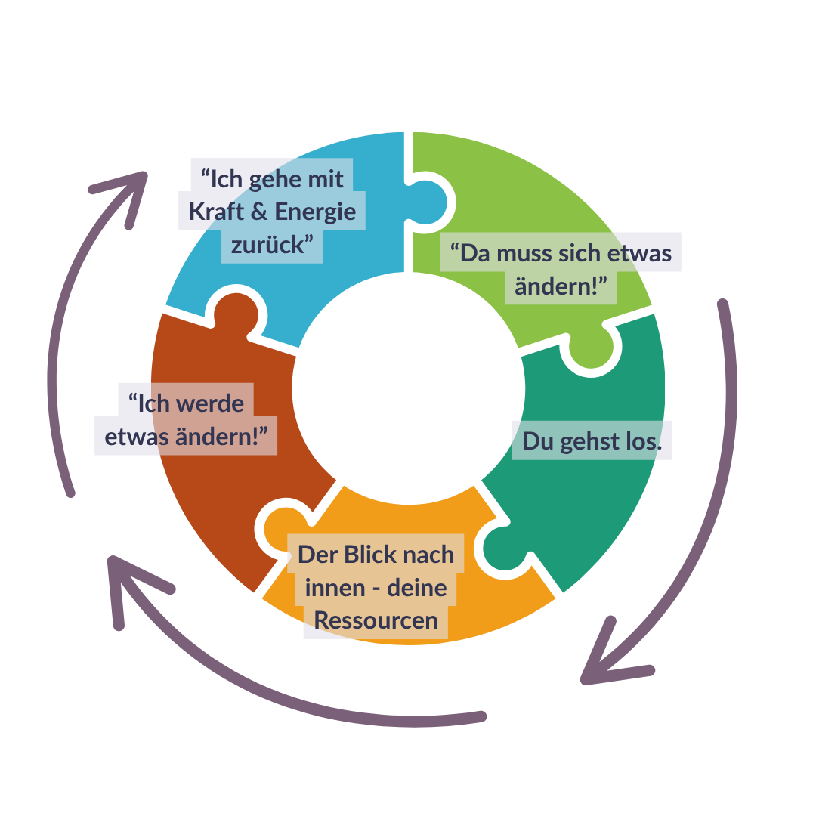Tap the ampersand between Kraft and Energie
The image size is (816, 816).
pyautogui.click(x=258, y=212)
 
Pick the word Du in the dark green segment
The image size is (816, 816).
pyautogui.click(x=538, y=442)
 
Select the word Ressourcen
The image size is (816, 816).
pyautogui.click(x=376, y=620)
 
